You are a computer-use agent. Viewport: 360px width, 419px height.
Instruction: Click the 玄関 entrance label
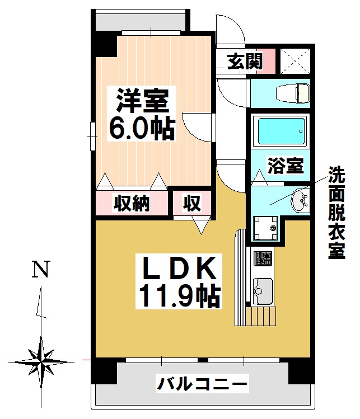pyautogui.click(x=245, y=61)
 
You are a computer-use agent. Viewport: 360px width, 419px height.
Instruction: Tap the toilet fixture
pyautogui.click(x=293, y=93)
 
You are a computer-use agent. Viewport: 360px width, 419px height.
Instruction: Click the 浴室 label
pyautogui.click(x=286, y=166)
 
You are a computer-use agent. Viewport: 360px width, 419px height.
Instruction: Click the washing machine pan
pyautogui.click(x=265, y=228)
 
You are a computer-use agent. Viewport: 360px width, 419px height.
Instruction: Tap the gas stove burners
pyautogui.click(x=263, y=258)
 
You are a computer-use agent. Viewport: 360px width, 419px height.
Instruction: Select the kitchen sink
pyautogui.click(x=263, y=291)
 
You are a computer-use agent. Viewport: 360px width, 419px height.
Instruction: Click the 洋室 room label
pyautogui.click(x=142, y=101)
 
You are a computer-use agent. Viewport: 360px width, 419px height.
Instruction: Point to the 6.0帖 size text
pyautogui.click(x=142, y=128)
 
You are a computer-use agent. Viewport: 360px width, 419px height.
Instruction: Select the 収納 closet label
pyautogui.click(x=132, y=204)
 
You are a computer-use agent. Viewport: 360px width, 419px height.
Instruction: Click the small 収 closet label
pyautogui.click(x=192, y=204)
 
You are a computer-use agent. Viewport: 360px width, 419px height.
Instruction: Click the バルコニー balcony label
pyautogui.click(x=202, y=383)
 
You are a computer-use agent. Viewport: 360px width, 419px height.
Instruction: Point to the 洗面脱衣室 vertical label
pyautogui.click(x=336, y=213)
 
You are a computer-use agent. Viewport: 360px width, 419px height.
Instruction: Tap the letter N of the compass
pyautogui.click(x=41, y=269)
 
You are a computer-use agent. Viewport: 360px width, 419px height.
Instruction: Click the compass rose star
pyautogui.click(x=41, y=362)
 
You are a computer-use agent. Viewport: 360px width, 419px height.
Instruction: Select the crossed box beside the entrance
pyautogui.click(x=295, y=61)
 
